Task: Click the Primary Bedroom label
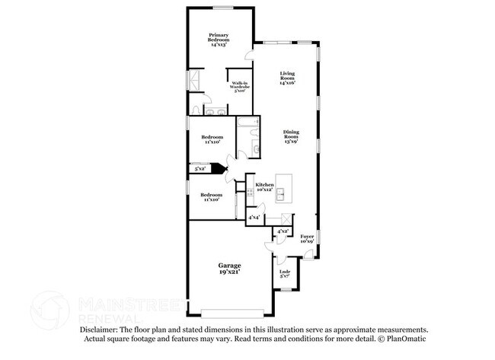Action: tap(220, 40)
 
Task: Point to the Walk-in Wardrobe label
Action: tap(239, 87)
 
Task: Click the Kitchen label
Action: tap(264, 186)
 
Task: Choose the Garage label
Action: tap(229, 268)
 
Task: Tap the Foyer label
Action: tap(306, 240)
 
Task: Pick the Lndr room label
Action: tap(286, 274)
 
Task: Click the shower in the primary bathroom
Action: tap(196, 79)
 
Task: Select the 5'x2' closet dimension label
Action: tap(200, 169)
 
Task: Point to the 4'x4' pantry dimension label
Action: tap(254, 218)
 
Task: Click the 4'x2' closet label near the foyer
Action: tap(283, 231)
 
